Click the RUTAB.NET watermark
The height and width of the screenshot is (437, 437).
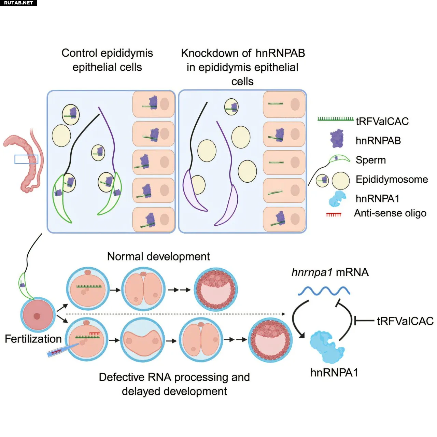(18, 3)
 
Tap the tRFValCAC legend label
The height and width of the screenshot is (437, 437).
(382, 121)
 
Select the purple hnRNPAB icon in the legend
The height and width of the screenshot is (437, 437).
(337, 139)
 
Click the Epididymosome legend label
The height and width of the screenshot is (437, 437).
(392, 179)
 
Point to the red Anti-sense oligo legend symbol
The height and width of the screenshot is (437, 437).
(334, 214)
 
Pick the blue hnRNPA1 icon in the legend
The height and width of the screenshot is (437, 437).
(337, 199)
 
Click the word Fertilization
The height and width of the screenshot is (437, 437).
(33, 339)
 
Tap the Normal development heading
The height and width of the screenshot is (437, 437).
(158, 256)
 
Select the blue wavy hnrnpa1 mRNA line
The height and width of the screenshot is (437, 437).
(324, 291)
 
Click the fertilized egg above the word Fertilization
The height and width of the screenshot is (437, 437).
(37, 315)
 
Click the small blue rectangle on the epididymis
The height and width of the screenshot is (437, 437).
(26, 159)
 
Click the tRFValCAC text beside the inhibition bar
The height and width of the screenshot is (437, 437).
(405, 321)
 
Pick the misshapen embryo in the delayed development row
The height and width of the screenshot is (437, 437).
(141, 340)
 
